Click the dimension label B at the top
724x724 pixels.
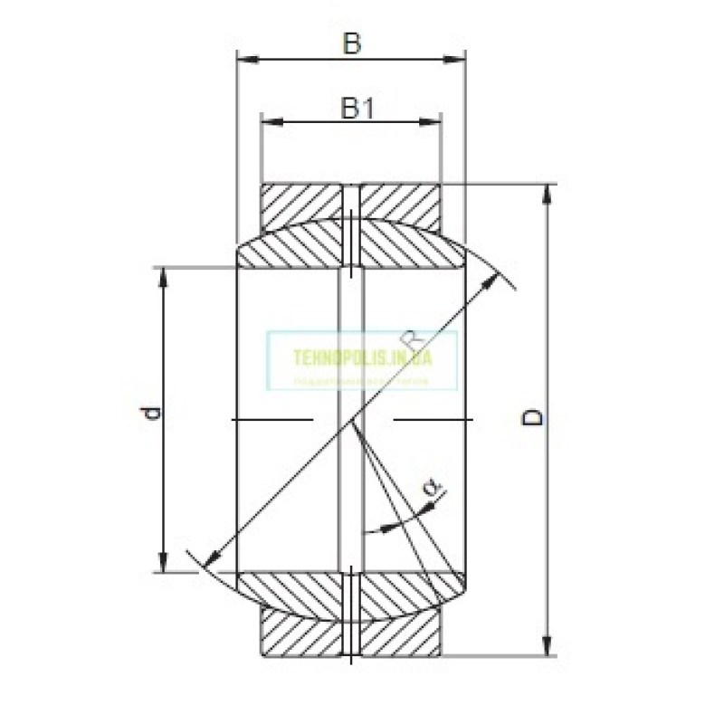coord(351,43)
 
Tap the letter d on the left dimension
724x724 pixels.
coord(155,414)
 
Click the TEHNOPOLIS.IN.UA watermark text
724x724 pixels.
coord(363,357)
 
